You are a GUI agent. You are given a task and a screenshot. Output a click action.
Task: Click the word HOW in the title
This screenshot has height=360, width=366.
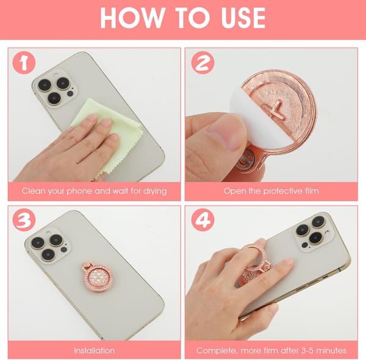tap(132, 18)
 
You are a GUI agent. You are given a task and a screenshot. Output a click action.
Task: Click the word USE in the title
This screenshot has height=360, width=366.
tap(243, 18)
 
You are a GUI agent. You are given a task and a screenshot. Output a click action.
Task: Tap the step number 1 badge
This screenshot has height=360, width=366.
tap(24, 63)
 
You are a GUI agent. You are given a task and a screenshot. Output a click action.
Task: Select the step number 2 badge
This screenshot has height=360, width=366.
tap(203, 63)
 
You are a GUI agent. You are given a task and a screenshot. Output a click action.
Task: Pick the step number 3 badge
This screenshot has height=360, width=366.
tap(24, 220)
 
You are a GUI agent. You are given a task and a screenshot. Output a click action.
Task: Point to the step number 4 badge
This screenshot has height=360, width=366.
tap(203, 220)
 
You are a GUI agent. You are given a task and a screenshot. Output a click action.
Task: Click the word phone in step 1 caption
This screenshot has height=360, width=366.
tap(79, 191)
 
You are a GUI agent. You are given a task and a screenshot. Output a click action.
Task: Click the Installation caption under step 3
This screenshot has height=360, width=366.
tap(95, 350)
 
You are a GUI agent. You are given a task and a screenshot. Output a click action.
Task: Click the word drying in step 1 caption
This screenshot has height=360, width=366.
tap(155, 191)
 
